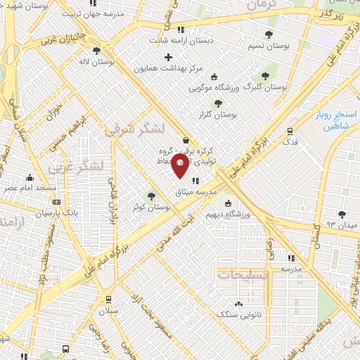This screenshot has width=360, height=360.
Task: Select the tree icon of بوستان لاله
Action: (96, 50)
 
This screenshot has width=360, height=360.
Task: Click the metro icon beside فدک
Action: (290, 131)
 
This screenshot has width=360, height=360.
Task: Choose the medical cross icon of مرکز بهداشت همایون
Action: (168, 56)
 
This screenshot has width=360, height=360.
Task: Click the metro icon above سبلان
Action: (108, 298)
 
